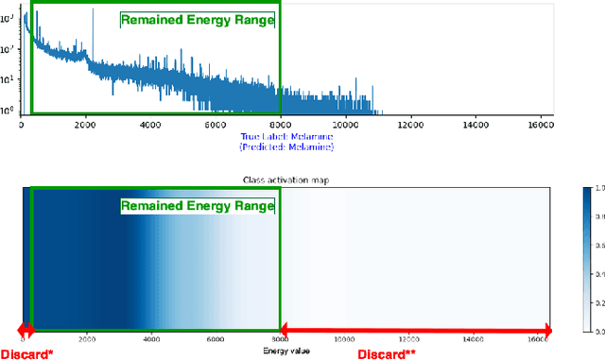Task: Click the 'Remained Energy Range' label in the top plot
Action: (197, 19)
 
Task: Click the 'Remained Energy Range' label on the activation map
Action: (197, 205)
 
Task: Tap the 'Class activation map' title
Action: (286, 179)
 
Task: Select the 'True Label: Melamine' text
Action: (287, 137)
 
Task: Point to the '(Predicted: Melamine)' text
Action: (287, 146)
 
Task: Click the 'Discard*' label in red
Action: (26, 353)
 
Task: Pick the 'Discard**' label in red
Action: (387, 353)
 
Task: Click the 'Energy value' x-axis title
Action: (286, 350)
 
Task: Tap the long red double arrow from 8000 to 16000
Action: (415, 330)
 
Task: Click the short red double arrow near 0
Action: (26, 330)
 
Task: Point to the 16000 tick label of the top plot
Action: (539, 124)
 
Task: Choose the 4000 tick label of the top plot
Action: (150, 124)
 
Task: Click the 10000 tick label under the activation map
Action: (345, 338)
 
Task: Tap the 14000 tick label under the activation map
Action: (475, 338)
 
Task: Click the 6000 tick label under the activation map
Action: (216, 338)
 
